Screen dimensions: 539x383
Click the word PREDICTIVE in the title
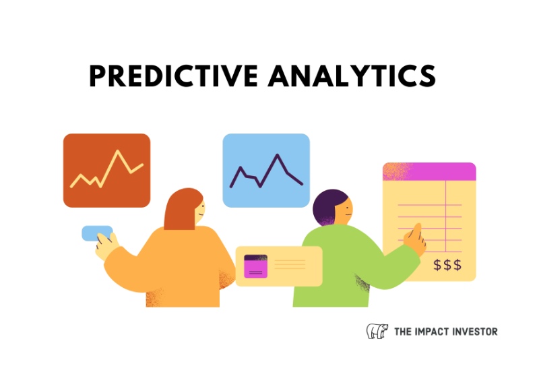pyautogui.click(x=174, y=76)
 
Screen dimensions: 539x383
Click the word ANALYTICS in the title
pyautogui.click(x=352, y=76)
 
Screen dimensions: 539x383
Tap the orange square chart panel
pyautogui.click(x=106, y=171)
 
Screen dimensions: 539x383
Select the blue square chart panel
pyautogui.click(x=266, y=171)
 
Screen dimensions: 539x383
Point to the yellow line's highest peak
pyautogui.click(x=117, y=151)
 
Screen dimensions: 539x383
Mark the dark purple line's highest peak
pyautogui.click(x=277, y=155)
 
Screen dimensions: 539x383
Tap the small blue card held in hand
pyautogui.click(x=97, y=233)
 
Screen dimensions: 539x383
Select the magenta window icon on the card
pyautogui.click(x=255, y=266)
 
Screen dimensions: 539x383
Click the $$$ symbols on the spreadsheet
pyautogui.click(x=447, y=265)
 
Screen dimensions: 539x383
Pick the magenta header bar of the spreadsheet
pyautogui.click(x=429, y=171)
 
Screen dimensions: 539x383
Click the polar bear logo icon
pyautogui.click(x=377, y=331)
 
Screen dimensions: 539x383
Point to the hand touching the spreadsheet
pyautogui.click(x=415, y=239)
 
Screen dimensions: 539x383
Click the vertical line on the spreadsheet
pyautogui.click(x=445, y=216)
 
